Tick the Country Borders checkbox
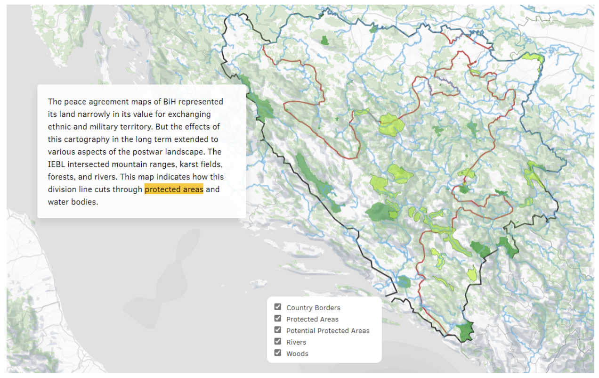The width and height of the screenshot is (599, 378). point(278,307)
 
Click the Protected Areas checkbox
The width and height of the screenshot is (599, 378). point(278,319)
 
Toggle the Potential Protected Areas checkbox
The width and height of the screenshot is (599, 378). point(278,330)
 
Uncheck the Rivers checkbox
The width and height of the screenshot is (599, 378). point(278,342)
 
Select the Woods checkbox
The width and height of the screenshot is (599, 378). point(278,353)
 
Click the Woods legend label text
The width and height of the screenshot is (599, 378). point(297,353)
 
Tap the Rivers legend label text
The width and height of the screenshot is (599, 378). point(296,342)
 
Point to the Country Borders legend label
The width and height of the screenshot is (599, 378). point(313,308)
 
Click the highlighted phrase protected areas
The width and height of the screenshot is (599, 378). point(174,189)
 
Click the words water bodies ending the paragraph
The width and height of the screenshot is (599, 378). point(73,202)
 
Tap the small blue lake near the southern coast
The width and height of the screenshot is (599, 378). point(404,281)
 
